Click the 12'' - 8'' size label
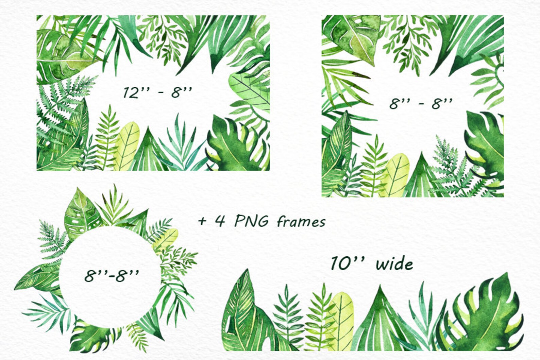(157, 92)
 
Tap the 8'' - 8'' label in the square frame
(421, 103)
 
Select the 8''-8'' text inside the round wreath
(111, 275)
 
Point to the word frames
(301, 222)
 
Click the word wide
(394, 264)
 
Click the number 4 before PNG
(220, 222)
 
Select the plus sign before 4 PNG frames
(203, 222)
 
